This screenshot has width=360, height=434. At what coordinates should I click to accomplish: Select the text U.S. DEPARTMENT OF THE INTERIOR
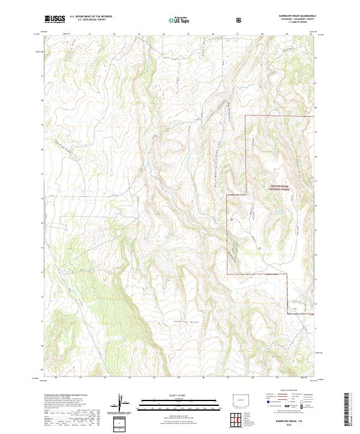point(91,17)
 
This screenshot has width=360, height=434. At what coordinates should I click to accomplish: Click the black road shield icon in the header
point(240,20)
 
